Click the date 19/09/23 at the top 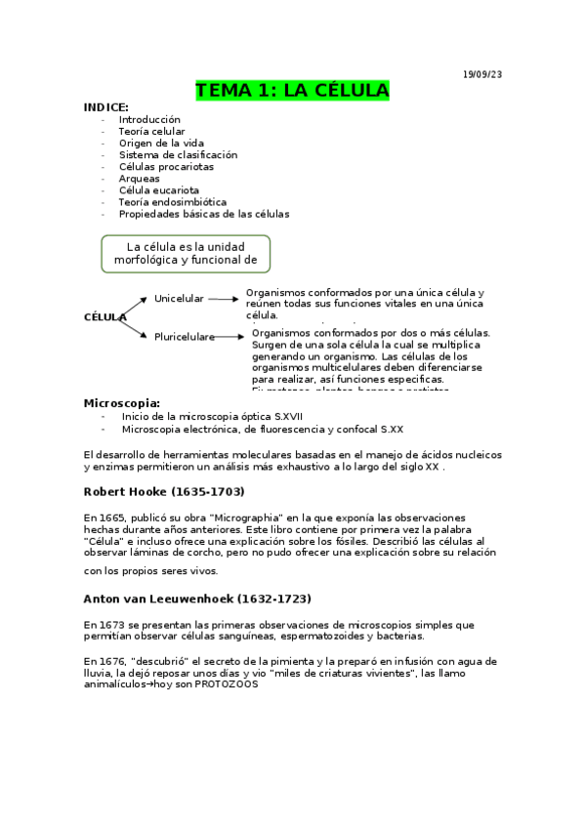pos(482,74)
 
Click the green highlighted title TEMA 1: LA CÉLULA pos(292,91)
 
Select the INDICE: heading pos(105,107)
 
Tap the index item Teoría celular pos(151,131)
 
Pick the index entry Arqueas pos(139,179)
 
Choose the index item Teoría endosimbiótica pos(172,202)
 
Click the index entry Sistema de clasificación pos(178,154)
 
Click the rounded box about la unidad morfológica pos(186,253)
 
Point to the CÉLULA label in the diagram pos(104,317)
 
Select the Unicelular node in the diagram pos(179,298)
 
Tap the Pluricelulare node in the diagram pos(184,337)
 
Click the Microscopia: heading pos(122,402)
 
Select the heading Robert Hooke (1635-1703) pos(164,491)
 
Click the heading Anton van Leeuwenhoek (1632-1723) pos(197,598)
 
